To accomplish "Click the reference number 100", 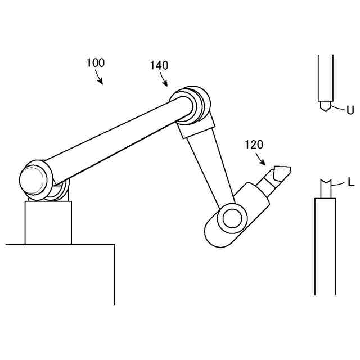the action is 96,63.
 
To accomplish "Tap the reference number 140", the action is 159,66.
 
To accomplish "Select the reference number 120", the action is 254,145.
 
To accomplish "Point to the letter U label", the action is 350,110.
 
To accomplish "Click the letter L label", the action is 350,182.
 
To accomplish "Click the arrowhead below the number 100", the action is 101,82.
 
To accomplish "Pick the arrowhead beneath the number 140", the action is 166,84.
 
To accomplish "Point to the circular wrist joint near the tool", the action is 231,217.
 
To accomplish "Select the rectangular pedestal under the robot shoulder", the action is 48,222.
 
